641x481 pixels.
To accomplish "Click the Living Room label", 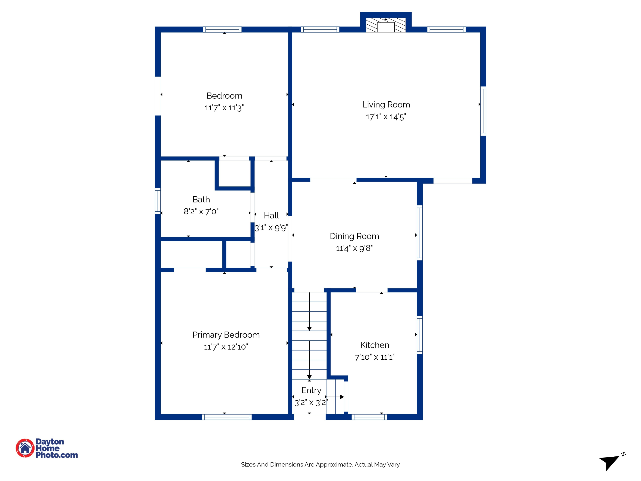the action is tap(386, 105).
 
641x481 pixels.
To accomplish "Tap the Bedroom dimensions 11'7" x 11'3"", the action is tap(224, 108).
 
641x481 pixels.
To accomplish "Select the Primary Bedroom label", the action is tap(226, 335).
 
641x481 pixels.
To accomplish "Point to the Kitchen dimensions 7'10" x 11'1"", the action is tap(375, 357).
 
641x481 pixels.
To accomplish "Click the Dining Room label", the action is tap(354, 236).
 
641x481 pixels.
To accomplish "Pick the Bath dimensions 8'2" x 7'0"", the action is tap(201, 211).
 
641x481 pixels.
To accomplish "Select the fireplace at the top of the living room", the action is tap(386, 25).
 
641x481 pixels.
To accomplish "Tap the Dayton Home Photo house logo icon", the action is tap(25, 448).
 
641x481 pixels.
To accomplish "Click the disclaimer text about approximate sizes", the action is tap(320, 465).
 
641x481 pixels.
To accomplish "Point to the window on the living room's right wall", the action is tap(483, 111).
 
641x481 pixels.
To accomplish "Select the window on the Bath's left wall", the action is tap(158, 201).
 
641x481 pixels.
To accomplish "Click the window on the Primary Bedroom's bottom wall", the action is tap(227, 417).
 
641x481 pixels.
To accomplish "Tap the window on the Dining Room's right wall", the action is tap(420, 233).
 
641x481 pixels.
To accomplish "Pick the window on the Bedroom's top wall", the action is tap(222, 30).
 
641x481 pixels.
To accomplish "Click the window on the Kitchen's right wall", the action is tap(420, 335).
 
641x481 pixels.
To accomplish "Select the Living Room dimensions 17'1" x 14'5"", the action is tap(386, 117).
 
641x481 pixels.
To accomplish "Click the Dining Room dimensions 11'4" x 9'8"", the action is tap(354, 248).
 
